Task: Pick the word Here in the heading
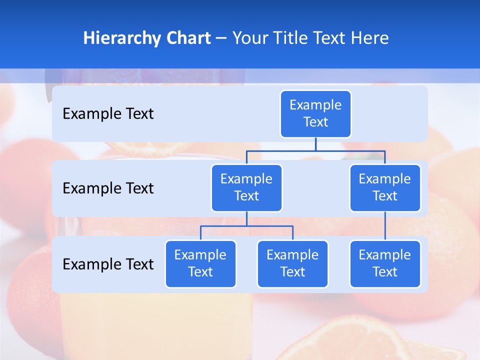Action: click(369, 38)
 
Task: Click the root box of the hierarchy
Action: click(315, 113)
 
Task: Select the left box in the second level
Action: click(246, 187)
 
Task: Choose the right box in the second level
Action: click(385, 187)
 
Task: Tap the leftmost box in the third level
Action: click(200, 263)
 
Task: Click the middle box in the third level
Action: click(292, 263)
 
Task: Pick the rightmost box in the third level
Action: click(385, 263)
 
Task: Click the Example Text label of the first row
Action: click(108, 114)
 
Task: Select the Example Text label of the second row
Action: click(108, 188)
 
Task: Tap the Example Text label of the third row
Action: click(108, 264)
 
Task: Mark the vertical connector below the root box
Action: click(315, 144)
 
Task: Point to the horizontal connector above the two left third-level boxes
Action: click(246, 226)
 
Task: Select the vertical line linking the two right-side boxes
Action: click(385, 225)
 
